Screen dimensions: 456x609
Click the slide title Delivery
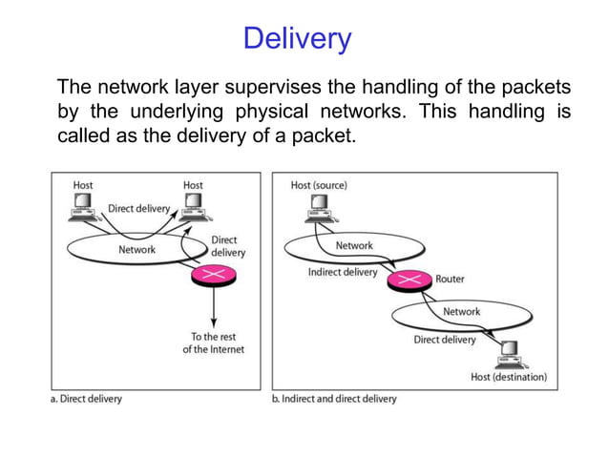(297, 39)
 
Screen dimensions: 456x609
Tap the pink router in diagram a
(213, 277)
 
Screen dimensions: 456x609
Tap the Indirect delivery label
(342, 272)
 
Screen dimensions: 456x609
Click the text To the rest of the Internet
(213, 342)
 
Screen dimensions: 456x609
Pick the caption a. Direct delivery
(86, 398)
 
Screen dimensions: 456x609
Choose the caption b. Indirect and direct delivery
(334, 398)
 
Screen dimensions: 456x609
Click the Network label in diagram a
(136, 250)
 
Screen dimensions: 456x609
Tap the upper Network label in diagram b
(354, 245)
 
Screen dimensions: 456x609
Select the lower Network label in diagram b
(461, 312)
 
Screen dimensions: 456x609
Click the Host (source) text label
(319, 185)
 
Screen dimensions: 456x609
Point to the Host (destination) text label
(509, 377)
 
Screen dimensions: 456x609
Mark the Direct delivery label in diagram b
(444, 339)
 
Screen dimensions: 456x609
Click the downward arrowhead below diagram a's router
(213, 321)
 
